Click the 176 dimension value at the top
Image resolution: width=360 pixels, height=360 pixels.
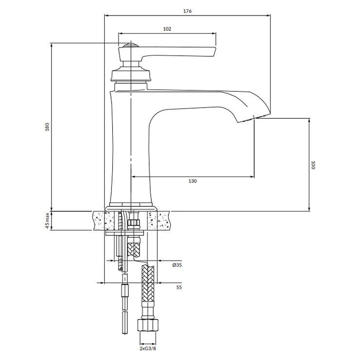point(187,11)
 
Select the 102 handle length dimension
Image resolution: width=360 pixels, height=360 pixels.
point(167,29)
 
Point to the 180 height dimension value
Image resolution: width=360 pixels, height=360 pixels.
point(47,127)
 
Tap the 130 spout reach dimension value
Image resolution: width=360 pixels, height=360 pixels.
point(193,181)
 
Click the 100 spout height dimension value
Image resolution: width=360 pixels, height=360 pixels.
point(313,165)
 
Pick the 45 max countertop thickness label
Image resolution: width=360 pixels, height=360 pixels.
point(47,221)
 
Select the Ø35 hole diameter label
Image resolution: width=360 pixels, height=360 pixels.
point(177,265)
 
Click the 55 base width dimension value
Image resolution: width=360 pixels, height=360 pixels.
point(179,287)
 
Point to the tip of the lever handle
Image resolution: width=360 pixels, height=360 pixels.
point(215,52)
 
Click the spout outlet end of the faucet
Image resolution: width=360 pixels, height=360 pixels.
point(253,119)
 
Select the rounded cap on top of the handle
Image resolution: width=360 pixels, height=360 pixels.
point(131,45)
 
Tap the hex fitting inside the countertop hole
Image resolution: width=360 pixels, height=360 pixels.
point(133,222)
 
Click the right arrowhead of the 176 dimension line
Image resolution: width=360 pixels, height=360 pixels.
point(268,16)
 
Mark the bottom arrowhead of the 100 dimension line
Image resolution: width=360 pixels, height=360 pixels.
point(309,209)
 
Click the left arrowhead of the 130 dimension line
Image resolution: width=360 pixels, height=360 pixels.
point(133,177)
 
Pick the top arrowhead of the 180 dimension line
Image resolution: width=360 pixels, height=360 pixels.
point(52,45)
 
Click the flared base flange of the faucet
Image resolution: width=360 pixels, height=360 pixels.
point(131,209)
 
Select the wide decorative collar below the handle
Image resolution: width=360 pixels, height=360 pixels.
point(131,75)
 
